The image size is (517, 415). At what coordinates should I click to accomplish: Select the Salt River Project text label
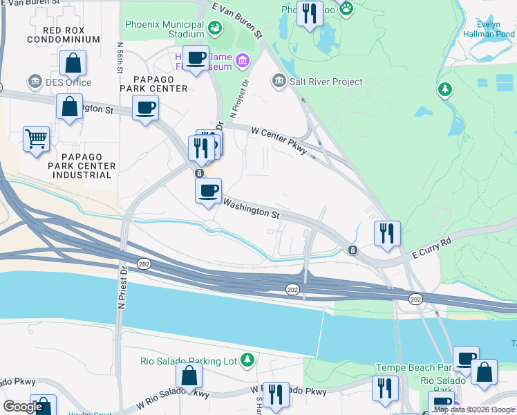(x=326, y=82)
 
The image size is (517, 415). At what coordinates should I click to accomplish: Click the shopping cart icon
(x=36, y=138)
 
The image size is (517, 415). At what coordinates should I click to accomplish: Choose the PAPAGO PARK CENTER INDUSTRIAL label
(x=79, y=166)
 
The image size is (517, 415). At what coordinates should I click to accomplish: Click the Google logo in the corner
(x=23, y=406)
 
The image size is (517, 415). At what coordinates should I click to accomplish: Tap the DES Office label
(x=68, y=82)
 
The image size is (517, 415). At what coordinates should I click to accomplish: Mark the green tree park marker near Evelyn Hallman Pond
(x=445, y=89)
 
